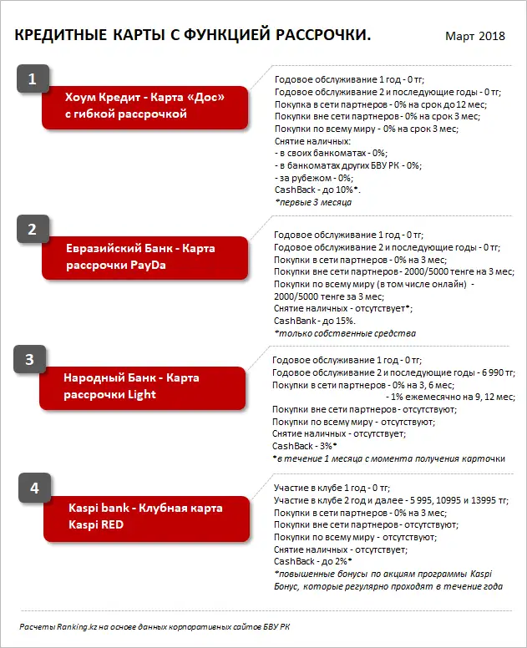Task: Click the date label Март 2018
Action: click(x=474, y=36)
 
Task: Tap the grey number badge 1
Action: click(x=33, y=79)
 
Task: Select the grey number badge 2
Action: click(x=33, y=229)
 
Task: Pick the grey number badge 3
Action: click(x=29, y=360)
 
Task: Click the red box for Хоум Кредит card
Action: click(x=145, y=106)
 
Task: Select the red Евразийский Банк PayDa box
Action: click(x=145, y=256)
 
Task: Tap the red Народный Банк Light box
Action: click(x=144, y=386)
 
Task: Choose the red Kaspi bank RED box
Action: click(x=145, y=515)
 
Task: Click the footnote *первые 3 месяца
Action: click(x=312, y=203)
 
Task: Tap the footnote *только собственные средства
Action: click(x=345, y=333)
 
